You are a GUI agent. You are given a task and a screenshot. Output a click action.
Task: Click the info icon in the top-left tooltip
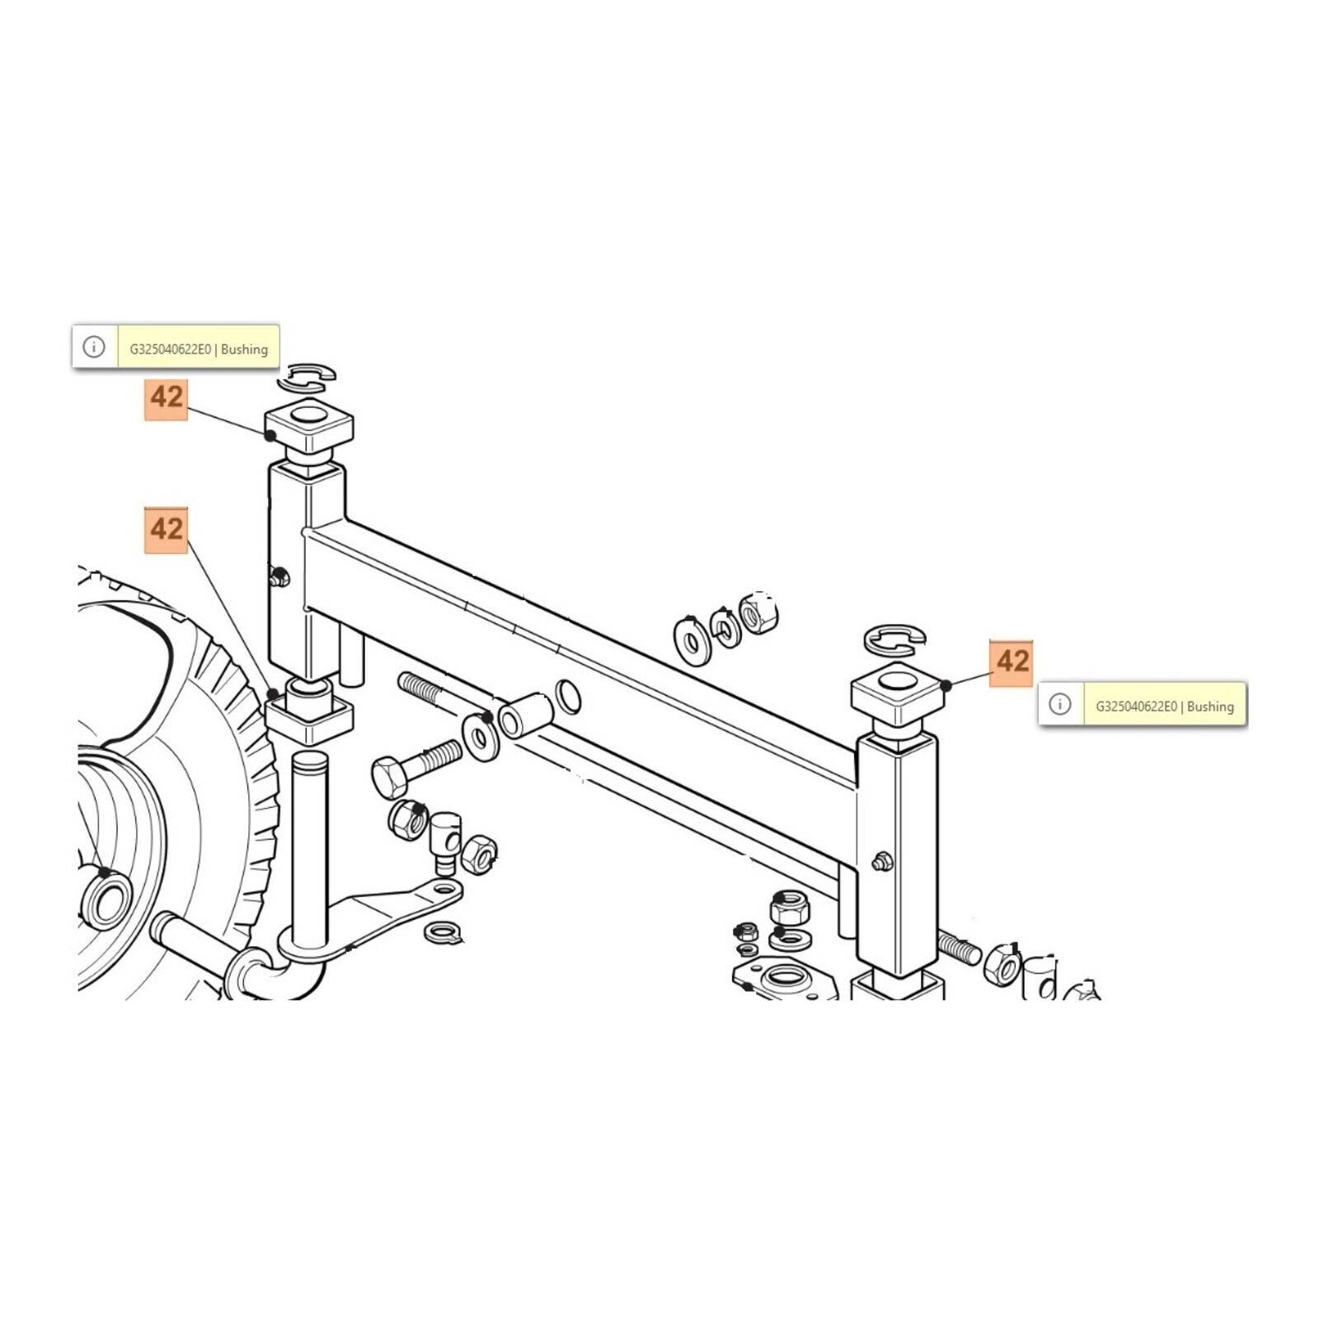(94, 347)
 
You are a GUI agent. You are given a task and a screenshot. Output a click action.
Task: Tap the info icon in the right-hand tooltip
(1060, 704)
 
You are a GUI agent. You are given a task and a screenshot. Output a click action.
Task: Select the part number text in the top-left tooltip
(170, 349)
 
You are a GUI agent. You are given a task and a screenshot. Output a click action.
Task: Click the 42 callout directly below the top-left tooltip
(166, 398)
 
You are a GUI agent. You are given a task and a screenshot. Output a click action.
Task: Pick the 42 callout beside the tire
(166, 530)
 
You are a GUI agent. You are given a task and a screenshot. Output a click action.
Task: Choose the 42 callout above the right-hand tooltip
(1012, 662)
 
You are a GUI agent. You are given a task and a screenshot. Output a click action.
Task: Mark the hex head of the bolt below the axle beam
(389, 776)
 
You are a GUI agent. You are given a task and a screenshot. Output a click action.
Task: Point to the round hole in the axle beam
(569, 697)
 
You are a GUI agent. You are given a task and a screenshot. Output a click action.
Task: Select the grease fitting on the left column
(279, 576)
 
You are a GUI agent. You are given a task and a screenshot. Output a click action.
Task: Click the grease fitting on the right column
(881, 862)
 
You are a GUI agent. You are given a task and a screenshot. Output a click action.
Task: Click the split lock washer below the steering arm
(444, 932)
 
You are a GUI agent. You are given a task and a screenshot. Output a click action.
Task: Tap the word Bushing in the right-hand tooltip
(1210, 706)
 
